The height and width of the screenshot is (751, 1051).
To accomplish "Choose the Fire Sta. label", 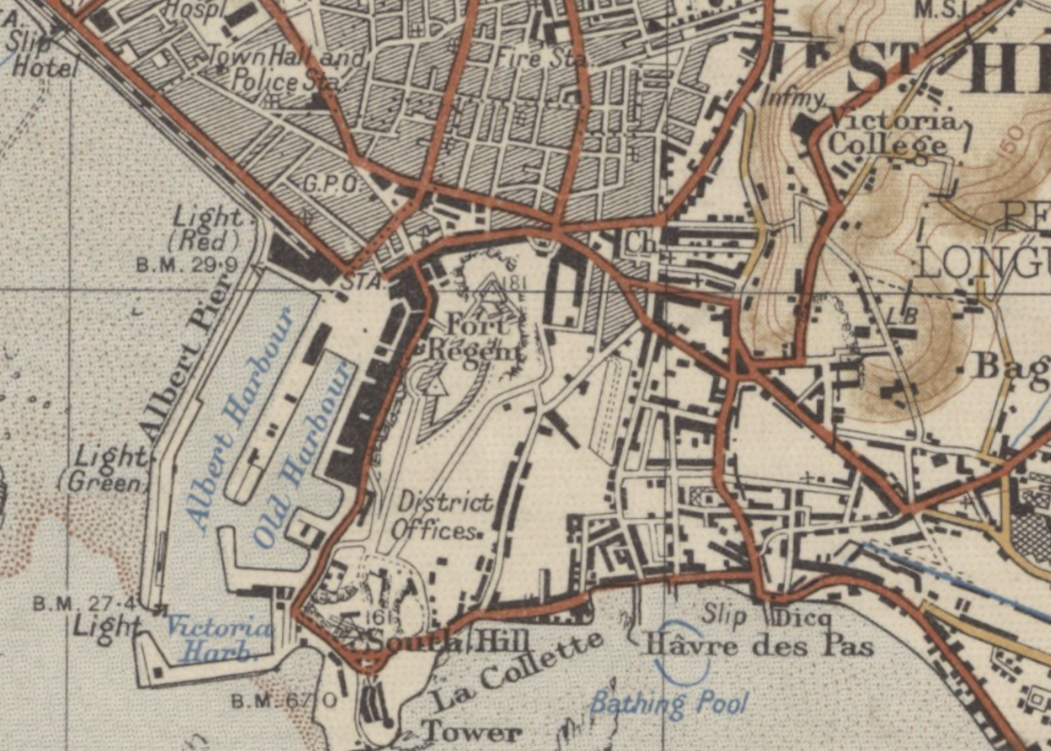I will pos(541,59).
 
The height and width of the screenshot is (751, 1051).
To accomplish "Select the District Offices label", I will pos(441,517).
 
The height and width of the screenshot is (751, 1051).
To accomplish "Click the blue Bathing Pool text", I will pos(669,703).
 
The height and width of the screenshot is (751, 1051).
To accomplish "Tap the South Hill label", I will pos(447,642).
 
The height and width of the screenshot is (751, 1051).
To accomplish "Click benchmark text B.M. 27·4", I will pos(84,604).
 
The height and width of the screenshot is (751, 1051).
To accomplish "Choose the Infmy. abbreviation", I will pos(794,98).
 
